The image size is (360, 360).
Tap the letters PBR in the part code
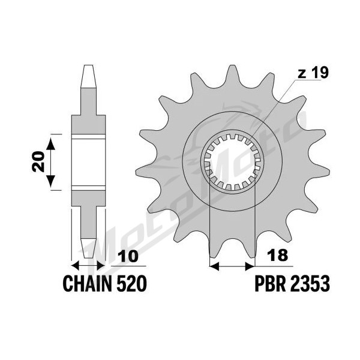click(x=269, y=284)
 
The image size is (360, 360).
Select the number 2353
click(x=308, y=284)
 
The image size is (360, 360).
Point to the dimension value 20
click(x=38, y=161)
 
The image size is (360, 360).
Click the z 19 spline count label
click(x=313, y=73)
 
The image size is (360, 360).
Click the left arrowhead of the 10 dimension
click(x=76, y=266)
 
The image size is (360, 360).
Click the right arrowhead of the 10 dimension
click(x=101, y=266)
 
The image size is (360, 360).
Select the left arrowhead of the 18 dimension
click(x=214, y=266)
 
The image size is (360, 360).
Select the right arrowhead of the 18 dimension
click(x=250, y=266)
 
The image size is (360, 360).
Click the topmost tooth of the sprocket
click(x=232, y=76)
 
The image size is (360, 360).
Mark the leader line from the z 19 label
click(x=274, y=109)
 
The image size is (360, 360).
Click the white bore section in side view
click(x=89, y=162)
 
